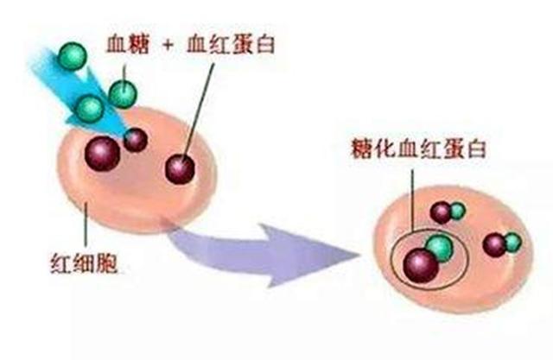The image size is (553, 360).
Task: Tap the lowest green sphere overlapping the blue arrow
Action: [x=90, y=108]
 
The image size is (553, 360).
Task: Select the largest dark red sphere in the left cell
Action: [x=102, y=151]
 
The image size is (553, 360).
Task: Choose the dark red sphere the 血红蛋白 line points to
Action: [x=181, y=167]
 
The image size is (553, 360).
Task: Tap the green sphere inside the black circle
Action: [x=440, y=249]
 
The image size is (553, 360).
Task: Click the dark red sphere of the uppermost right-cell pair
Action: [x=442, y=212]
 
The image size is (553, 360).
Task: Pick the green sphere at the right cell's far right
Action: [x=512, y=243]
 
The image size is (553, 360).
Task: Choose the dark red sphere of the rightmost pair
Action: [x=495, y=246]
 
